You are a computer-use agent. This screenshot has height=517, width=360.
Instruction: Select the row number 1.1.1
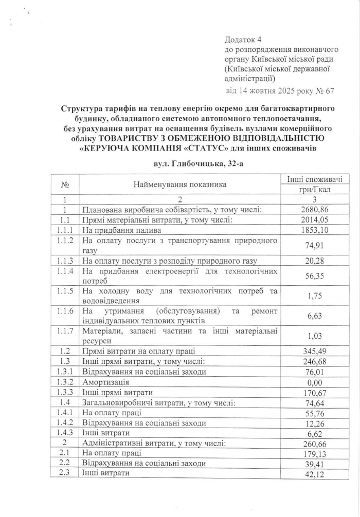(x=65, y=231)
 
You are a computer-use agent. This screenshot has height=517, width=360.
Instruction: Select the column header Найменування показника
(x=179, y=184)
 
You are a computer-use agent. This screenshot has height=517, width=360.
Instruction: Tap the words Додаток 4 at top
(x=243, y=40)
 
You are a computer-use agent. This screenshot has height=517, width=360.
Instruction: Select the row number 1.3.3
(x=65, y=392)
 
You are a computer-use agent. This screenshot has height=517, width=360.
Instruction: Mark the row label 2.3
(x=65, y=474)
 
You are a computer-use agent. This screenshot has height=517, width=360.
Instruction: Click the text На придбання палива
(x=118, y=231)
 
